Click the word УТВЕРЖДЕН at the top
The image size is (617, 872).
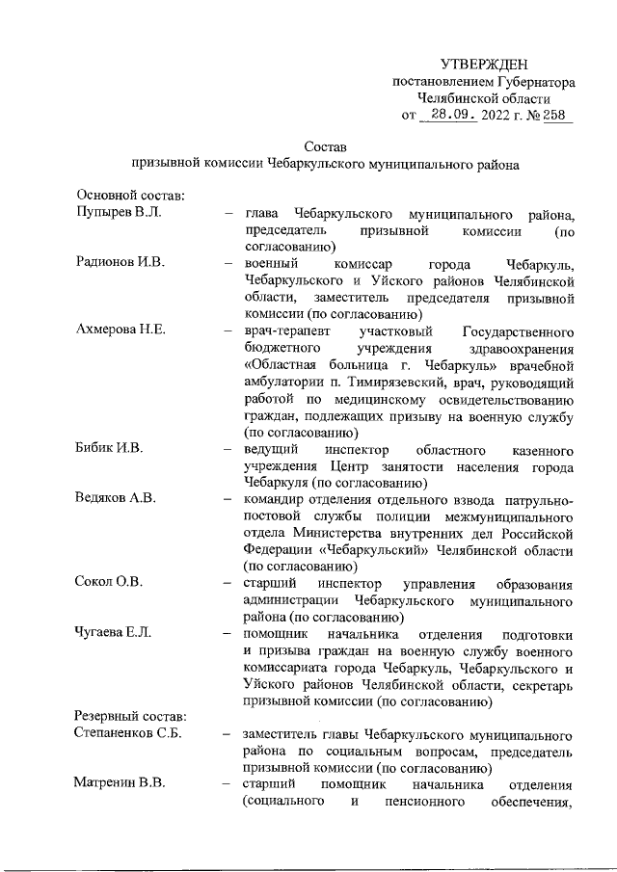(x=484, y=64)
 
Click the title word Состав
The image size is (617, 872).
(x=325, y=147)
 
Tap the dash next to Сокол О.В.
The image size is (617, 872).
(x=227, y=582)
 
